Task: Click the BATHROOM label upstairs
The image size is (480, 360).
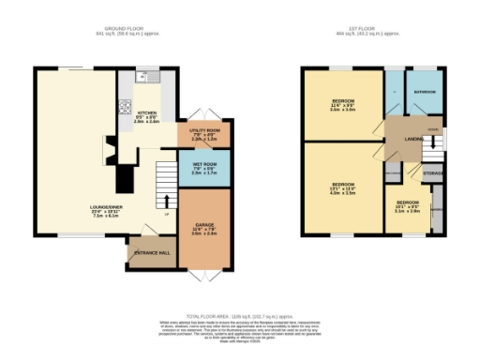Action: click(x=427, y=92)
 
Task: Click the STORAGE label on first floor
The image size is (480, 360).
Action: click(x=432, y=173)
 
